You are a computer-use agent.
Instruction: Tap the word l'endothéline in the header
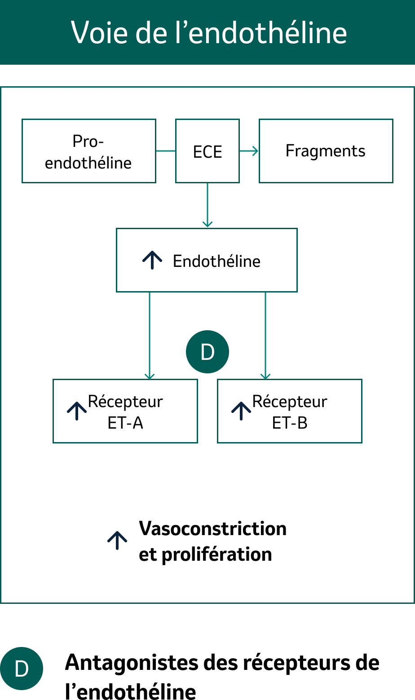267,32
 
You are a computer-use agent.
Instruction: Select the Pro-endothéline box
88,151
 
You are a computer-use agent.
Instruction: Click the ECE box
207,151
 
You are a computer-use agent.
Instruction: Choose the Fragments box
326,151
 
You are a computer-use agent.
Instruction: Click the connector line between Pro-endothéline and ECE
166,151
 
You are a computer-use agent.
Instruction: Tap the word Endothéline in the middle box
216,261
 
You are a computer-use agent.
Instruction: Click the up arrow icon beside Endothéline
152,260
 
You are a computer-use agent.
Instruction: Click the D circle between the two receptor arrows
207,352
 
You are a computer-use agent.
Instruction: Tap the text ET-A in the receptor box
125,423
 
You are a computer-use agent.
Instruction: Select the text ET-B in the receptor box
290,423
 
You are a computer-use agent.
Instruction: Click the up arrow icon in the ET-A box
77,411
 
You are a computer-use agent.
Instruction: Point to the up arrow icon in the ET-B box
241,411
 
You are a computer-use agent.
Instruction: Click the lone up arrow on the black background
117,541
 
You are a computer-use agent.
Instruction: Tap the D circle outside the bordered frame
22,669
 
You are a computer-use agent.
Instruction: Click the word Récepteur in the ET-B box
290,401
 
